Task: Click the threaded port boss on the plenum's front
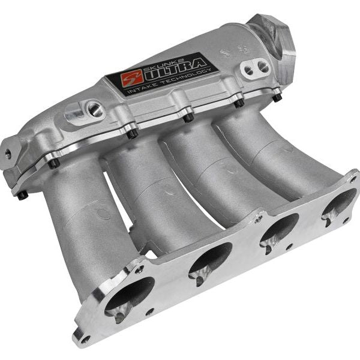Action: (x=94, y=109)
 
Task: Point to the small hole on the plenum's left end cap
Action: (x=7, y=153)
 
